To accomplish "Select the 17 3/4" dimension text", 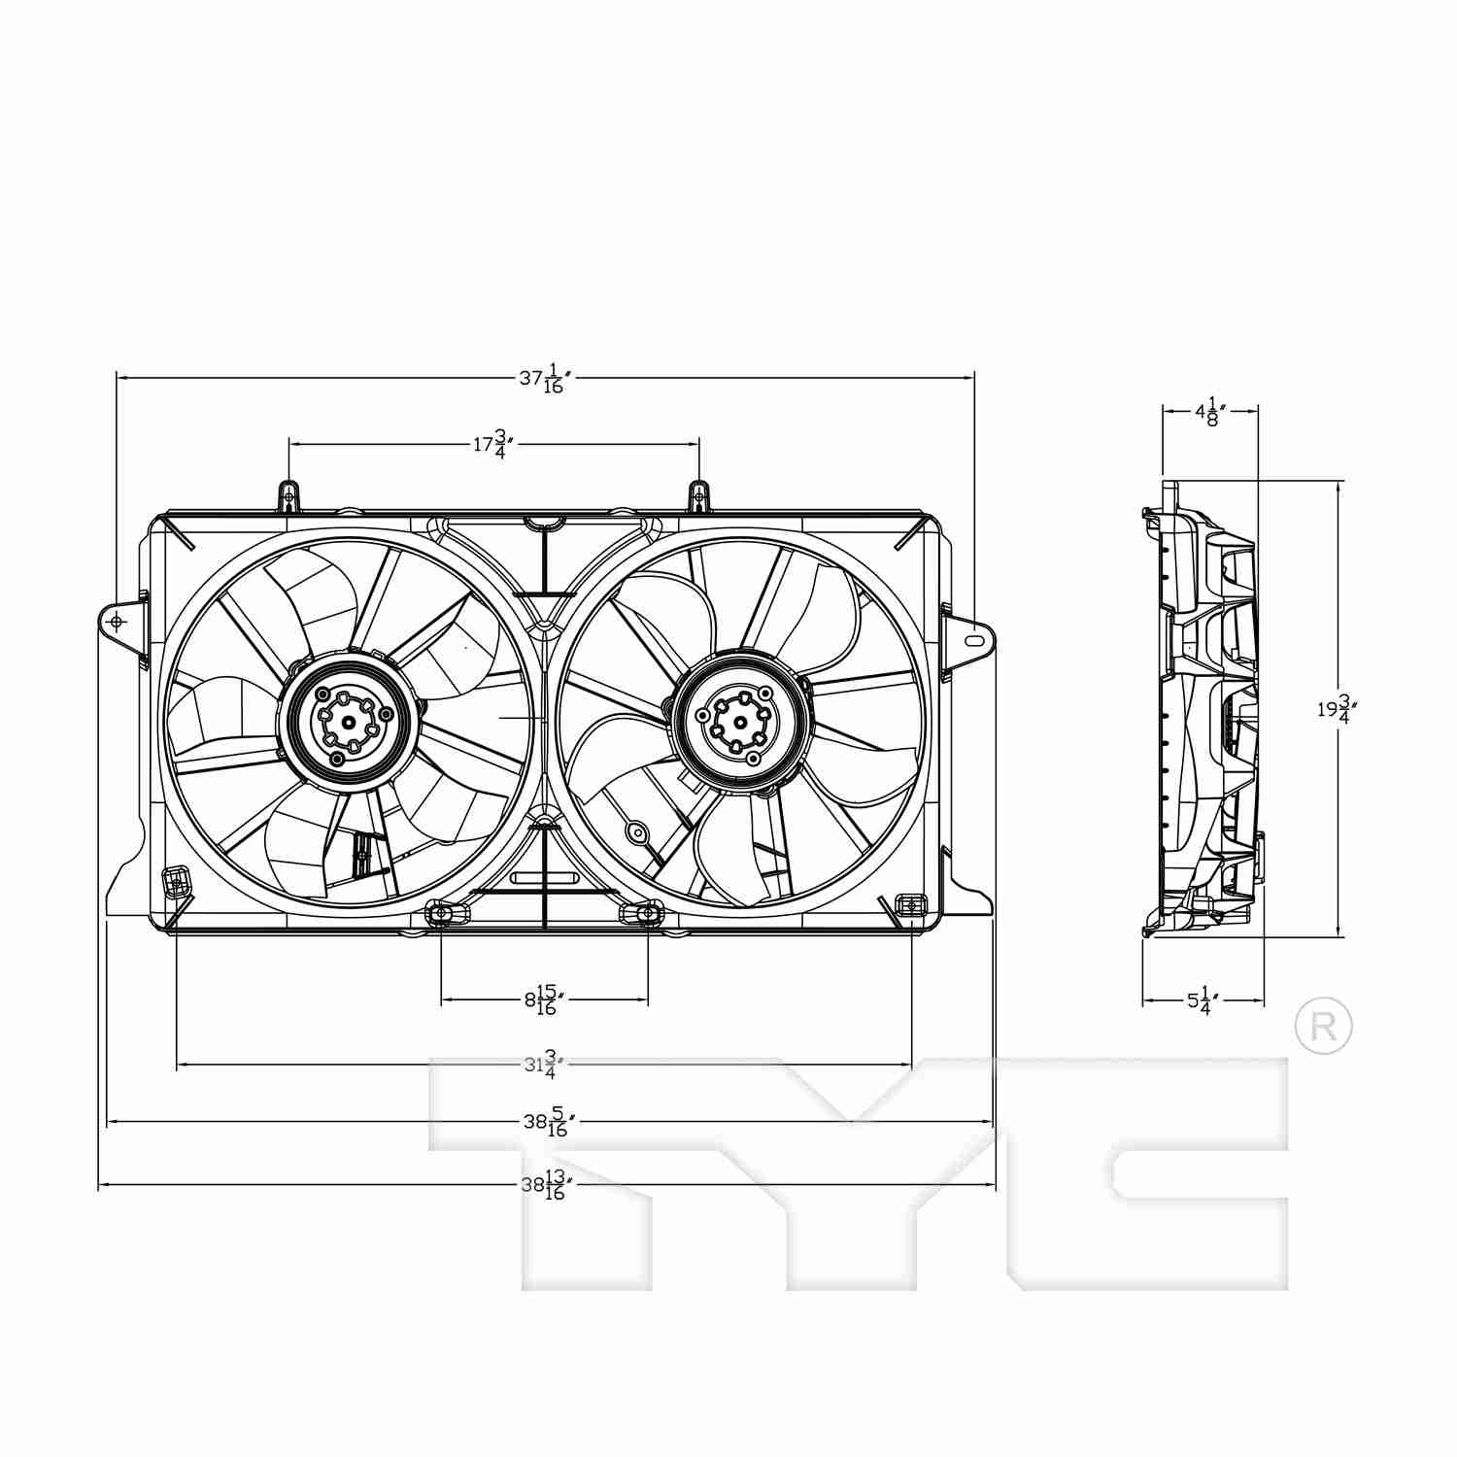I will [492, 444].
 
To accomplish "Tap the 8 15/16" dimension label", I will [544, 1000].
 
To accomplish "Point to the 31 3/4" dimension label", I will [544, 1065].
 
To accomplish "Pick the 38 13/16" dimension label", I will [544, 1185].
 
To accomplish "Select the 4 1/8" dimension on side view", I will [1210, 411].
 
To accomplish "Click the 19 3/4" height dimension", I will [1337, 709].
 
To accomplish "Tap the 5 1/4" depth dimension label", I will [1203, 1000].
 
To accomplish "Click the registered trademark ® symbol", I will [1323, 1026].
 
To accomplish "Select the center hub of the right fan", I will [740, 722].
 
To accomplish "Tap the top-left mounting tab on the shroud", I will [288, 496].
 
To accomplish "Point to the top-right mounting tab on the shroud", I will [698, 497].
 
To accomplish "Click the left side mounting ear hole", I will [119, 622].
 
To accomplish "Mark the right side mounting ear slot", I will [973, 640].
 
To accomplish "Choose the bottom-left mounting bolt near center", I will [441, 913].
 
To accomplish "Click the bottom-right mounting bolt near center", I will [647, 913].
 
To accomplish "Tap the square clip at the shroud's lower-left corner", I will [176, 881].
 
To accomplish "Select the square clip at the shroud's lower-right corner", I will [911, 906].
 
